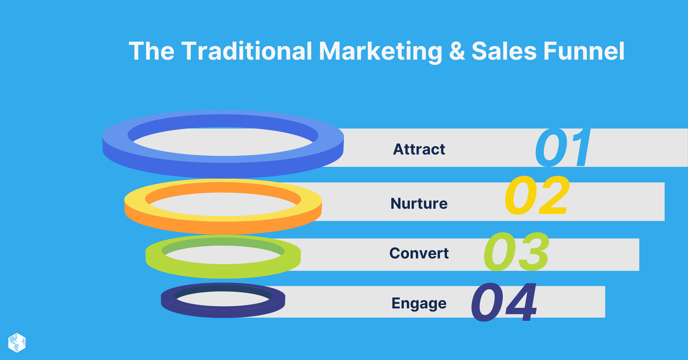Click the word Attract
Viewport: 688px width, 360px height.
[419, 149]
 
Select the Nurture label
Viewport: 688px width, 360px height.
[419, 203]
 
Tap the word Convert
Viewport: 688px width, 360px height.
[419, 253]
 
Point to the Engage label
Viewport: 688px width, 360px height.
[419, 303]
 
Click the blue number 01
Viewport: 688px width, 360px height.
[563, 148]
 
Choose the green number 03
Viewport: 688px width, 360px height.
[516, 252]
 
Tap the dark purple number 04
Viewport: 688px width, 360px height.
[504, 302]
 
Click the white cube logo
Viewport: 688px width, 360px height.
[17, 343]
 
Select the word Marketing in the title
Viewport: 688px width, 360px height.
[380, 52]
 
